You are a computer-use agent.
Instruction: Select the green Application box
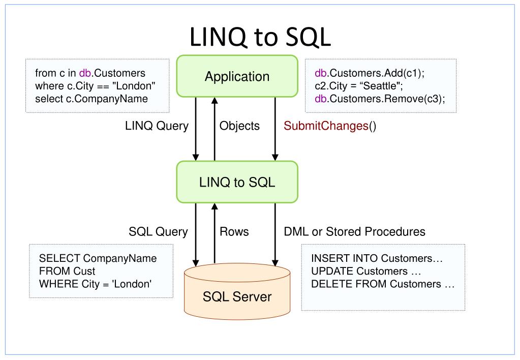click(x=237, y=76)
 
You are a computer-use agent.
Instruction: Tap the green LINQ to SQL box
click(x=237, y=182)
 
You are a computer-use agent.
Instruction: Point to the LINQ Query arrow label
click(x=157, y=126)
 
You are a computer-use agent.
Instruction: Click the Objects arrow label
click(x=239, y=126)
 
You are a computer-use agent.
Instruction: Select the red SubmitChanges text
click(x=326, y=126)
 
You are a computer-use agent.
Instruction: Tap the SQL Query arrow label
click(x=158, y=232)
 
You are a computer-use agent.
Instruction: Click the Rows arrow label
click(x=234, y=232)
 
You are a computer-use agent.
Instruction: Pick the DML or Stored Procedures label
click(x=354, y=232)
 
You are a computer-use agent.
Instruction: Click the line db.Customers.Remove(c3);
click(x=380, y=99)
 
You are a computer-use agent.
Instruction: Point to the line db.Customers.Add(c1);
click(x=370, y=73)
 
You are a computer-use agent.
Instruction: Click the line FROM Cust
click(x=64, y=271)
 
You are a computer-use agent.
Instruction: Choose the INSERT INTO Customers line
click(x=377, y=258)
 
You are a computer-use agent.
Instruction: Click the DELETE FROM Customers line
click(x=382, y=284)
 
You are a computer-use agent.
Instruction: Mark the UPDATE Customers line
click(x=366, y=271)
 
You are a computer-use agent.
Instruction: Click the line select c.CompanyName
click(x=91, y=99)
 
